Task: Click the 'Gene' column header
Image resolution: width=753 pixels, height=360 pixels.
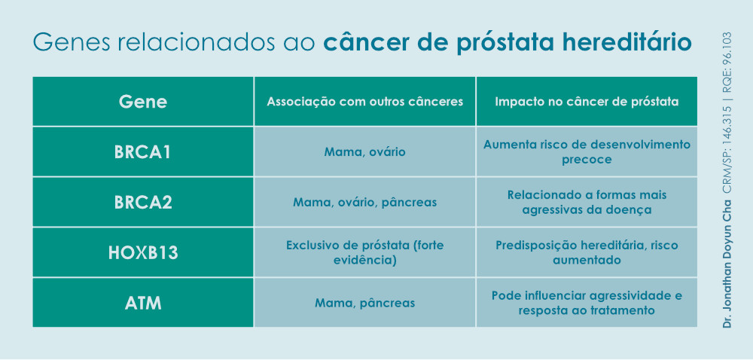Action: point(143,101)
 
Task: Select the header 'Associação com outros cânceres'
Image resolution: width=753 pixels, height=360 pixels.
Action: point(364,101)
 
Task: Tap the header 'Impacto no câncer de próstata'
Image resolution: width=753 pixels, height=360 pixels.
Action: point(587,101)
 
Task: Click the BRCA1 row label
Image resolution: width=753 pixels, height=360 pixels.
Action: point(143,151)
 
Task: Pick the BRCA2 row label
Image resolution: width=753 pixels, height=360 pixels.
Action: point(143,202)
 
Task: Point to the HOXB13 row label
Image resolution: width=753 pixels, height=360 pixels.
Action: point(143,252)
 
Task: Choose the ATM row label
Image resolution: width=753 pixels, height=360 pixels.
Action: point(143,303)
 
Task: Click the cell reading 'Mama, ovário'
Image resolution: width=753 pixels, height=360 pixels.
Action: point(364,152)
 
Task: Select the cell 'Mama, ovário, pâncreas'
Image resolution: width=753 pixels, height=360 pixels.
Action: point(364,202)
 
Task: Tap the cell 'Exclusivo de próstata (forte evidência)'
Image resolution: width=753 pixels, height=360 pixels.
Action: point(364,252)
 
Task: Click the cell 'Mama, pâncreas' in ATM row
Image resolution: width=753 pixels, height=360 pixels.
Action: point(364,303)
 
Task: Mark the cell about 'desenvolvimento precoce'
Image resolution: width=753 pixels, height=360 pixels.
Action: point(587,151)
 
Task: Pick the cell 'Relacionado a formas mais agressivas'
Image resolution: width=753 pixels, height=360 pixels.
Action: point(587,202)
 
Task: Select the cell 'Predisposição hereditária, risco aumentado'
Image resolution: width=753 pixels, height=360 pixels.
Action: point(587,252)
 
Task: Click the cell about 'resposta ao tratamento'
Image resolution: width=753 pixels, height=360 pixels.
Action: point(587,303)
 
